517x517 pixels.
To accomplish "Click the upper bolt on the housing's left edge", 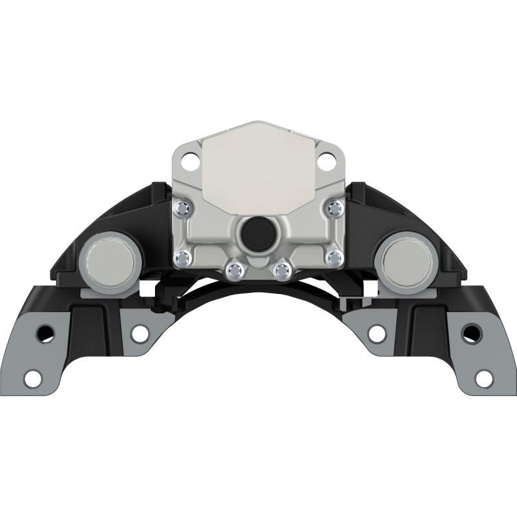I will pos(183,207).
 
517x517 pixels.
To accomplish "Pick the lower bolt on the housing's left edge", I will pos(183,257).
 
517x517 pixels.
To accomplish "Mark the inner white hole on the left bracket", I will pos(138,333).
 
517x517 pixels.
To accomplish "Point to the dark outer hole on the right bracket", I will pos(472,333).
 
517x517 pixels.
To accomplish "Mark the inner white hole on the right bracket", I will pos(377,333).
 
